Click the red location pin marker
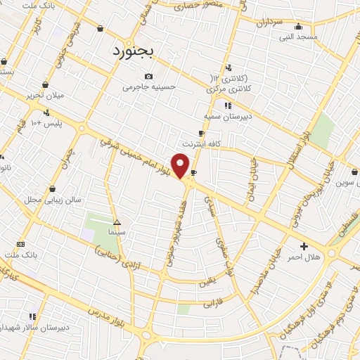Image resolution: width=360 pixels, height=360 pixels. [181, 166]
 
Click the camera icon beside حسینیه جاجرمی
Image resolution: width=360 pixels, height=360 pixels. [148, 77]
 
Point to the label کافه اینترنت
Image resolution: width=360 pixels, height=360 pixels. [202, 143]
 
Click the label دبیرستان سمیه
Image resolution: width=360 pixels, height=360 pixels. [227, 116]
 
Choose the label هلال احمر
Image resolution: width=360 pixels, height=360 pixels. [304, 257]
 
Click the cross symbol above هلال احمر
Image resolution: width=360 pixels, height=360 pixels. [304, 246]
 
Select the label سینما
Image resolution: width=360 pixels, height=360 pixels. [117, 231]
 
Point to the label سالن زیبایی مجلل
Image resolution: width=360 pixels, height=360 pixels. [53, 200]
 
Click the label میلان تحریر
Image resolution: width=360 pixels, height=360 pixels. [45, 95]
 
